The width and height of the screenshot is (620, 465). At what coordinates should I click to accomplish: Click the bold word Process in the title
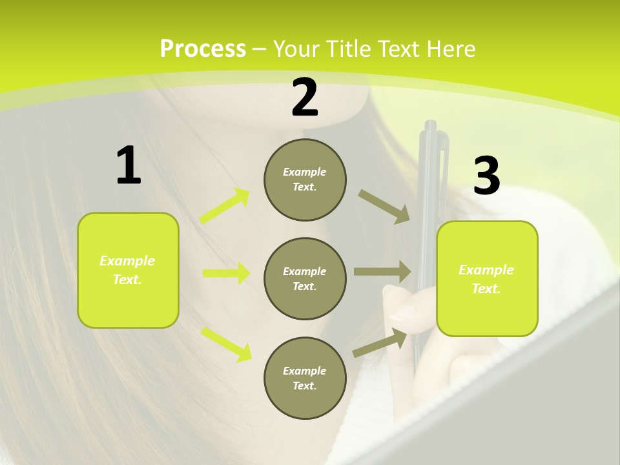pyautogui.click(x=203, y=48)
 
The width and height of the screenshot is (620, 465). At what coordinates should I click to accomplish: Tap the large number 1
pyautogui.click(x=129, y=165)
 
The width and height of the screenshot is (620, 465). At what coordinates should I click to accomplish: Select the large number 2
pyautogui.click(x=305, y=97)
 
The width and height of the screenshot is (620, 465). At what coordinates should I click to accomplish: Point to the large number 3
pyautogui.click(x=486, y=176)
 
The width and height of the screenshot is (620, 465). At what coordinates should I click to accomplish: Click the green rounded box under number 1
pyautogui.click(x=128, y=270)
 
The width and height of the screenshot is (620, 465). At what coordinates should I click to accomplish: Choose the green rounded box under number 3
pyautogui.click(x=487, y=278)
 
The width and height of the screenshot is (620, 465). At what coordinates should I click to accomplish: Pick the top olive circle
pyautogui.click(x=305, y=180)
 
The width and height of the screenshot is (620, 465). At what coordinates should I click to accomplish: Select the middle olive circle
pyautogui.click(x=305, y=278)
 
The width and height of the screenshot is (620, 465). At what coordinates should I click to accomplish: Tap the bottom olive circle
pyautogui.click(x=305, y=378)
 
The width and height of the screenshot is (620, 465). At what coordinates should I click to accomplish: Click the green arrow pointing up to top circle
pyautogui.click(x=225, y=206)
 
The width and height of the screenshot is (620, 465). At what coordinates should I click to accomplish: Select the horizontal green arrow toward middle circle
pyautogui.click(x=226, y=273)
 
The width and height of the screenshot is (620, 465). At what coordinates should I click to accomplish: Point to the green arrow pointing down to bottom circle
pyautogui.click(x=226, y=344)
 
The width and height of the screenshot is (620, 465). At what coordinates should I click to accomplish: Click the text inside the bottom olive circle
pyautogui.click(x=305, y=378)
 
